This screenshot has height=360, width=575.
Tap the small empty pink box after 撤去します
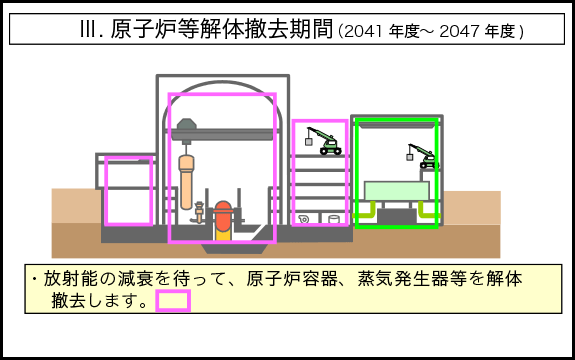(x=173, y=300)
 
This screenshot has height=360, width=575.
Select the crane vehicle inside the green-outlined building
(x=424, y=156)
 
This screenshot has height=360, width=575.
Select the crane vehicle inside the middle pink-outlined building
(x=326, y=141)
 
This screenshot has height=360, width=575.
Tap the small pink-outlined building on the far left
(x=128, y=191)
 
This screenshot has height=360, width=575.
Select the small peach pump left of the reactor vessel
(x=199, y=212)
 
